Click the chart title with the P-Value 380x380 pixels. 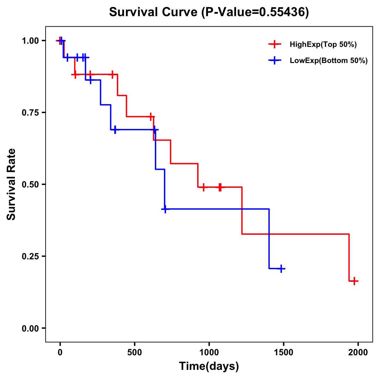209,12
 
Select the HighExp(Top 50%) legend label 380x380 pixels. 323,45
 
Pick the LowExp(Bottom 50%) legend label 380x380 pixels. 329,61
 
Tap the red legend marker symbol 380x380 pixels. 275,44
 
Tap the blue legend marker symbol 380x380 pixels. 275,60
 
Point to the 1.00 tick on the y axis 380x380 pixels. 30,41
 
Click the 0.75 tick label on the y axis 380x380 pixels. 30,112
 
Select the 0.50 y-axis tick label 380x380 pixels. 30,184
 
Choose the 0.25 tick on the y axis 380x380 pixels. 30,256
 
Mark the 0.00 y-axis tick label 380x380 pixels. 30,328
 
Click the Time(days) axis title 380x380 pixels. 209,366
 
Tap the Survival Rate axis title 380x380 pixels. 11,184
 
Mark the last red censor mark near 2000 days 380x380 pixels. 355,281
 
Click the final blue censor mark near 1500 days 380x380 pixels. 281,269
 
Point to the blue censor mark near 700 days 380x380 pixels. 165,209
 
